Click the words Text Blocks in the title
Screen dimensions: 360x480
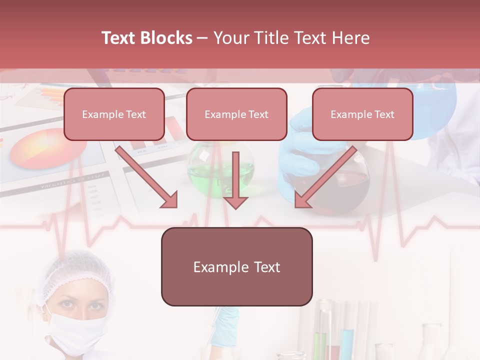point(146,38)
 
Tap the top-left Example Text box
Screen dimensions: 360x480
point(114,114)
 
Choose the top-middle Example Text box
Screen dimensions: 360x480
point(236,114)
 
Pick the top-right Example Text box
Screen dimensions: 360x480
point(362,114)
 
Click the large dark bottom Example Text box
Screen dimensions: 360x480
point(236,267)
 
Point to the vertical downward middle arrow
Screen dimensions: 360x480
point(235,180)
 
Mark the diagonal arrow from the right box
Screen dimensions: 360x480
point(325,177)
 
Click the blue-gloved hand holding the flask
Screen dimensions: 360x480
point(300,145)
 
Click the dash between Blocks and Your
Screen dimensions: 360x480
point(202,38)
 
